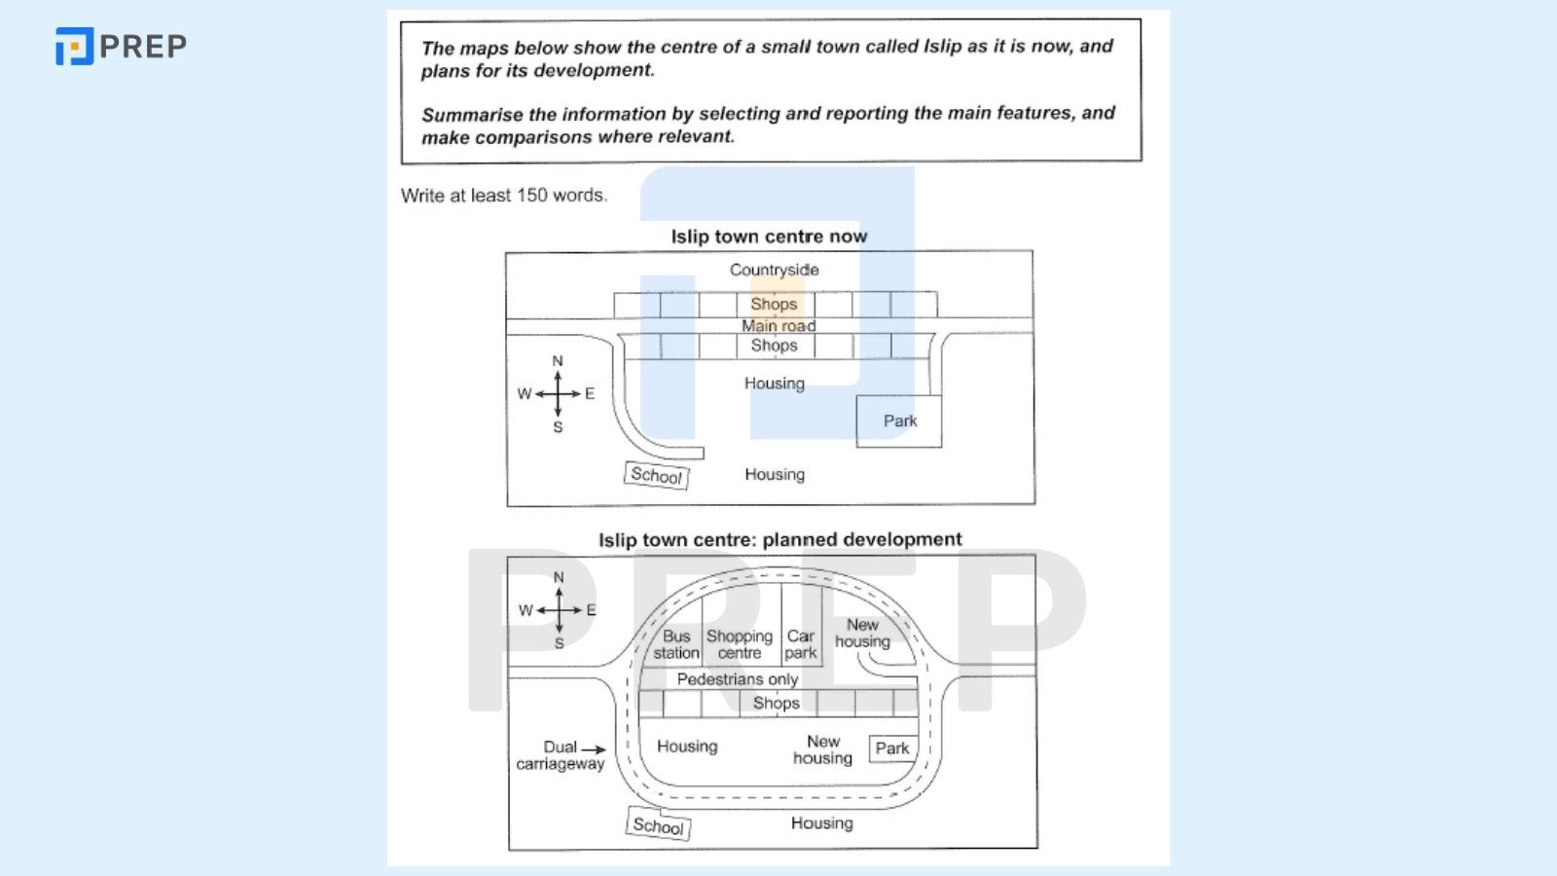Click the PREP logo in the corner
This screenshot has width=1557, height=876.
click(x=121, y=46)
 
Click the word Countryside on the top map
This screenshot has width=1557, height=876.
click(x=774, y=270)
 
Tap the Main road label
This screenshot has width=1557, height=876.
click(x=778, y=326)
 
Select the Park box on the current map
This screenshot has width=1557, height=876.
click(x=899, y=420)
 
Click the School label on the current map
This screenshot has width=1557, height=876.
click(x=656, y=475)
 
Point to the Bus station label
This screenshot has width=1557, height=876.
click(x=675, y=644)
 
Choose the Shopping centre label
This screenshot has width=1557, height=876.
click(x=740, y=644)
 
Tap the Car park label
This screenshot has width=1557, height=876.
click(x=800, y=644)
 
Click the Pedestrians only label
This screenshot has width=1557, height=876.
click(x=738, y=679)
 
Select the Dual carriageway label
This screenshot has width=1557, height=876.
click(x=560, y=755)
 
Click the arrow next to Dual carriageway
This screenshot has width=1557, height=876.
click(x=594, y=748)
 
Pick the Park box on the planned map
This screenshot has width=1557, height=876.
click(x=892, y=748)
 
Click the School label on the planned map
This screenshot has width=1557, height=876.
click(x=658, y=825)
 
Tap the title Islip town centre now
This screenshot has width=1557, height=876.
click(x=769, y=237)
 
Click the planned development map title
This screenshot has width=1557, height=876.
click(x=779, y=539)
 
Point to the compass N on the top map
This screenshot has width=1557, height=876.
click(x=558, y=361)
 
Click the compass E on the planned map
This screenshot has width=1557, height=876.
click(x=591, y=610)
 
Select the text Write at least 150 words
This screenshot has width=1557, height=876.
click(x=503, y=195)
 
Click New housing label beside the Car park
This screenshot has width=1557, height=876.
click(x=862, y=633)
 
